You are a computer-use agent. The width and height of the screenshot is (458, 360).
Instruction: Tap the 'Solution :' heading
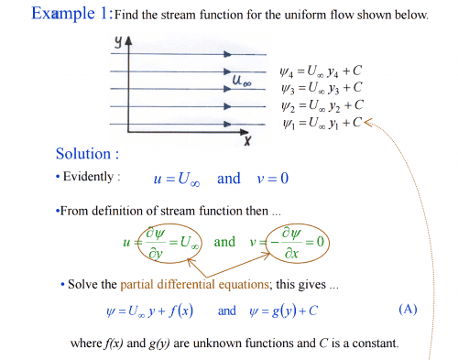coord(87,153)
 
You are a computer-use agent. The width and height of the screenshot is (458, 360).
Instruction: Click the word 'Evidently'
coord(91,177)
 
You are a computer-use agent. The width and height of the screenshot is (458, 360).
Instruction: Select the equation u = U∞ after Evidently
coord(179,177)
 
